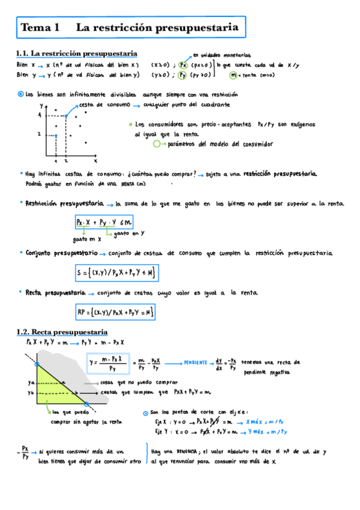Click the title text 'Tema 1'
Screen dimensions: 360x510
coord(40,28)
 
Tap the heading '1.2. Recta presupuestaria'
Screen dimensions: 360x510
coord(61,332)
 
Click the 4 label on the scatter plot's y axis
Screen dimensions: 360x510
coord(40,114)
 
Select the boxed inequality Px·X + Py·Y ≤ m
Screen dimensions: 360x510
coord(105,223)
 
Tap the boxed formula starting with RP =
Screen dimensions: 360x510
coord(116,312)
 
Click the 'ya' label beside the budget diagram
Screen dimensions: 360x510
coord(31,382)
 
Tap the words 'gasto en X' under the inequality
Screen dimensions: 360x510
coord(87,238)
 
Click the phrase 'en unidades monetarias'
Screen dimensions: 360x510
coord(222,55)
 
